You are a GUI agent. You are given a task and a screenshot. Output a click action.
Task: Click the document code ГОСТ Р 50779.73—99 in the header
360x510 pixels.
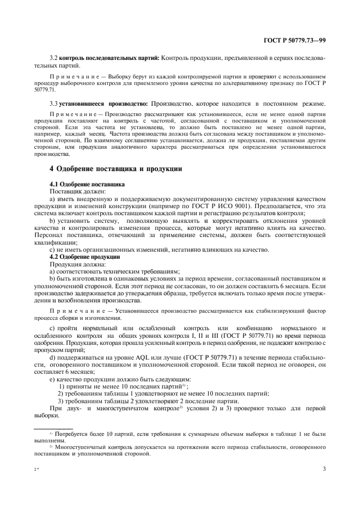point(295,40)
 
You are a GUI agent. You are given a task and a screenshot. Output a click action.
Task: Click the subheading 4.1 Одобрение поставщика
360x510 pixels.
point(87,184)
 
